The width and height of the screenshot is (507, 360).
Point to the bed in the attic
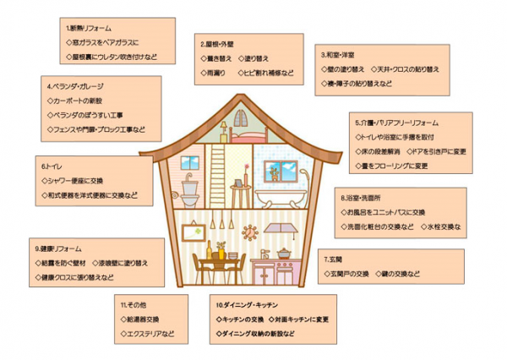250,133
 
